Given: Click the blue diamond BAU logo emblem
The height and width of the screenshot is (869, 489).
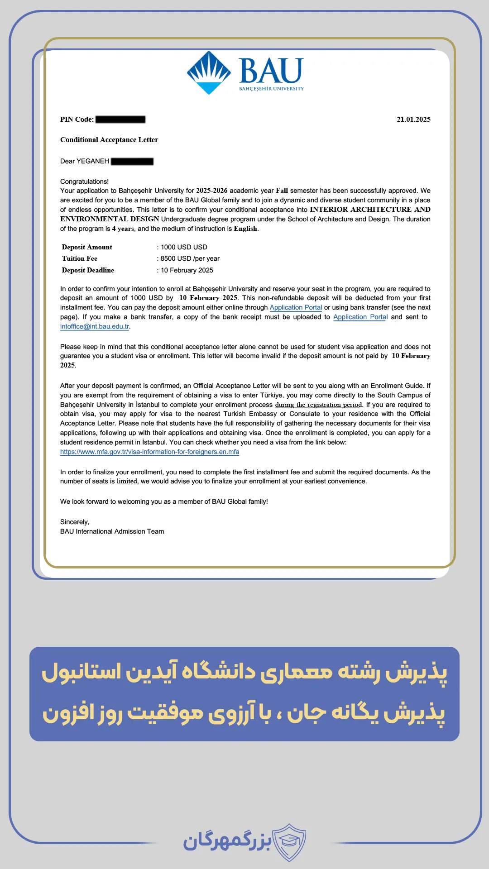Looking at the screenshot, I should tap(209, 72).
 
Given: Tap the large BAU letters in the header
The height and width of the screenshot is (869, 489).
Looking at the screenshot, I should tap(271, 71).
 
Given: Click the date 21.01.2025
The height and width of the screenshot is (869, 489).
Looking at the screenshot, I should tap(413, 119).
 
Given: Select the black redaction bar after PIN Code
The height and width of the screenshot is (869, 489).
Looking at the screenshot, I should tap(120, 119).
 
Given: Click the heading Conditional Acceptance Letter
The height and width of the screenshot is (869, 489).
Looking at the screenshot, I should tap(109, 140).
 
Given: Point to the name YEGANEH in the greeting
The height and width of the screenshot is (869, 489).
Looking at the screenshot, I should tap(93, 161).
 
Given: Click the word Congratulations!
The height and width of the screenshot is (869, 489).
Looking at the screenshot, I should tap(84, 181).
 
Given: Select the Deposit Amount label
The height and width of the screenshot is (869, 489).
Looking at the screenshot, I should tap(87, 247).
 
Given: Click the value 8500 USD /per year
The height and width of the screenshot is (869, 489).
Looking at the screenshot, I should tap(190, 258).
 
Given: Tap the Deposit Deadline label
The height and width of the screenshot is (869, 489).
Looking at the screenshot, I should tap(88, 270).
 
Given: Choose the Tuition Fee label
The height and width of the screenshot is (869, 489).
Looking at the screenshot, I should tap(80, 258).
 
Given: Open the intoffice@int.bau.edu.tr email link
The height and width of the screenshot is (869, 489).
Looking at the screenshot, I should tap(95, 326).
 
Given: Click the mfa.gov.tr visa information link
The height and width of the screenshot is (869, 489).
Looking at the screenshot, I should tap(149, 452).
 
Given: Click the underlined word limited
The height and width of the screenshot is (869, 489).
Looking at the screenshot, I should tap(127, 481).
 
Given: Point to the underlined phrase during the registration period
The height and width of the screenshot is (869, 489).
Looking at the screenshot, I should tap(318, 405).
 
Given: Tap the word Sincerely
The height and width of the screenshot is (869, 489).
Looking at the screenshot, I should tap(75, 522).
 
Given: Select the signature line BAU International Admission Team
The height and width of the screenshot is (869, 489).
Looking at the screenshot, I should tap(112, 531).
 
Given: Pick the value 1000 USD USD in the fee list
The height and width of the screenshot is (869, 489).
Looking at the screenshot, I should tap(184, 247).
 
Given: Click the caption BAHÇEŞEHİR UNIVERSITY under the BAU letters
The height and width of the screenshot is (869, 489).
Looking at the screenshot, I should tap(271, 89).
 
